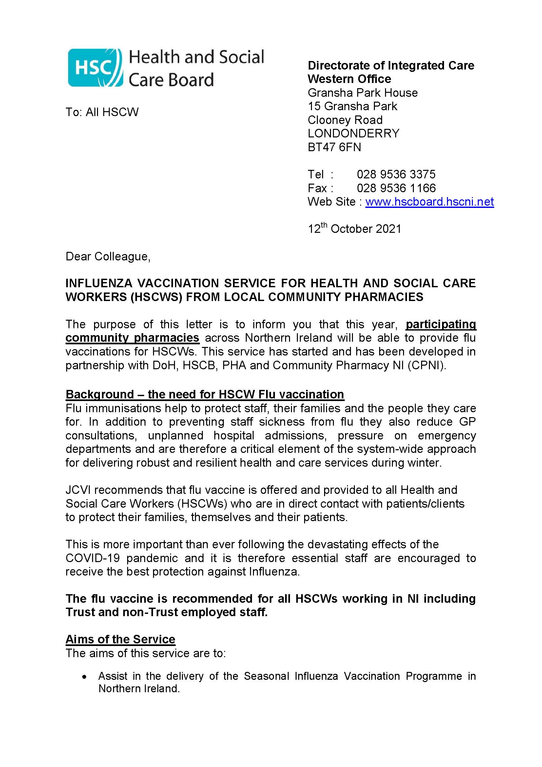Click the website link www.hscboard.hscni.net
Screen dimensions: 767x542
pyautogui.click(x=429, y=202)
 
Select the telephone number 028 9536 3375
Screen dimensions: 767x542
pyautogui.click(x=396, y=174)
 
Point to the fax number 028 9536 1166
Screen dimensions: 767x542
pyautogui.click(x=396, y=188)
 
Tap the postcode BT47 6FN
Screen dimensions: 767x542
pyautogui.click(x=334, y=147)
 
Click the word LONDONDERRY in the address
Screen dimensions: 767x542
pyautogui.click(x=353, y=133)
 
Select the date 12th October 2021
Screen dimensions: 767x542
pyautogui.click(x=354, y=229)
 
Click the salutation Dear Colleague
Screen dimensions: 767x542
pyautogui.click(x=108, y=256)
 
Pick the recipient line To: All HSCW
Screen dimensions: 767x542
pyautogui.click(x=102, y=112)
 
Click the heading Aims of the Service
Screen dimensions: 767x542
pyautogui.click(x=120, y=639)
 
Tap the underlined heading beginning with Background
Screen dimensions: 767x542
pyautogui.click(x=204, y=394)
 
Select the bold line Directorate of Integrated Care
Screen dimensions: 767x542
pyautogui.click(x=391, y=66)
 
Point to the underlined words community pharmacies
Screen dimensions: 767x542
pyautogui.click(x=132, y=338)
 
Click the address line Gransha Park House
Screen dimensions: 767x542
pyautogui.click(x=362, y=92)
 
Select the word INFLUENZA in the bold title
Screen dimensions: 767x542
pyautogui.click(x=98, y=283)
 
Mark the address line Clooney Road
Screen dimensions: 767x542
pyautogui.click(x=345, y=120)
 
